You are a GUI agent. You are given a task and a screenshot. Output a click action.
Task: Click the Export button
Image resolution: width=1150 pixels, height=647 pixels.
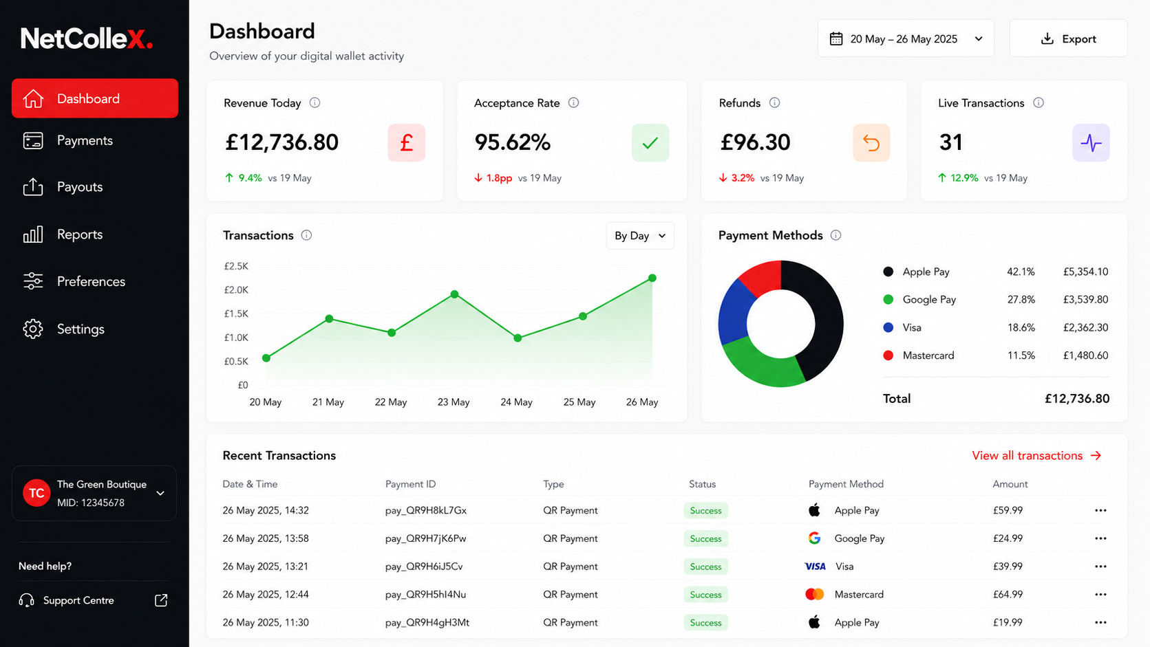1068,39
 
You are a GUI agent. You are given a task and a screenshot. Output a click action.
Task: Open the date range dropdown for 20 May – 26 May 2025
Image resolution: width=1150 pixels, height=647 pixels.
906,39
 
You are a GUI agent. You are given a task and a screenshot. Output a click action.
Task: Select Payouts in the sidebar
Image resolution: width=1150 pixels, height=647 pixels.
80,187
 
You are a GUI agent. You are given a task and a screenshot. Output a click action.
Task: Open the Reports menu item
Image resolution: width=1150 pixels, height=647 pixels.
80,234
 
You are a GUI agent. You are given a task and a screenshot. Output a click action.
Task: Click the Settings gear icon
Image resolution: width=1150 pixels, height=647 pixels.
33,329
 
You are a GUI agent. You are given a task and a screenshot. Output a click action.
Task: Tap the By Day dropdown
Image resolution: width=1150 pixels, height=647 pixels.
639,236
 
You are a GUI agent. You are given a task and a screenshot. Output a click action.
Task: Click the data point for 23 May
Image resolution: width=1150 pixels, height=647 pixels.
454,294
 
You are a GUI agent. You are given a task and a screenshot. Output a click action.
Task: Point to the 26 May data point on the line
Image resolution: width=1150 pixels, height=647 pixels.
652,278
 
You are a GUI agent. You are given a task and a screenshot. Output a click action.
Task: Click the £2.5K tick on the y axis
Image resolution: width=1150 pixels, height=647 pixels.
236,266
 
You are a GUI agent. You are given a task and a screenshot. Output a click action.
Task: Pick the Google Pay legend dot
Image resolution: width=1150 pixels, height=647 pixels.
888,300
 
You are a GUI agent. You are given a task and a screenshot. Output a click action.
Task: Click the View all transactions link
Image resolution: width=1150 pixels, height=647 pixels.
1036,456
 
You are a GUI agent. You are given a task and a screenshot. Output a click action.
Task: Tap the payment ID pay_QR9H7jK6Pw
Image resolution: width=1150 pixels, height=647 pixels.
425,539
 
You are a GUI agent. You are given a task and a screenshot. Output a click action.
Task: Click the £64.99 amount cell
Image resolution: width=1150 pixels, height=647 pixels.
1008,594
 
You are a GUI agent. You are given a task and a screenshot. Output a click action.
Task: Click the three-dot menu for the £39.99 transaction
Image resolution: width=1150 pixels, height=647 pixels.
1100,567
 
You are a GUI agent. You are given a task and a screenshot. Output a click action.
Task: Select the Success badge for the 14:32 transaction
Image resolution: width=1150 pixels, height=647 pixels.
705,511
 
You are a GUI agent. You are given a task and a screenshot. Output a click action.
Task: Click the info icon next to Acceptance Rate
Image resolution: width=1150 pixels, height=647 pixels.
573,102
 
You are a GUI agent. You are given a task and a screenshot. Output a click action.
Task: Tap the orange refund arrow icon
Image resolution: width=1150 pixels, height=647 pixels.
871,142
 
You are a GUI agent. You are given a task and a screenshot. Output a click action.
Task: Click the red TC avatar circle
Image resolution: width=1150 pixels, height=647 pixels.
36,493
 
